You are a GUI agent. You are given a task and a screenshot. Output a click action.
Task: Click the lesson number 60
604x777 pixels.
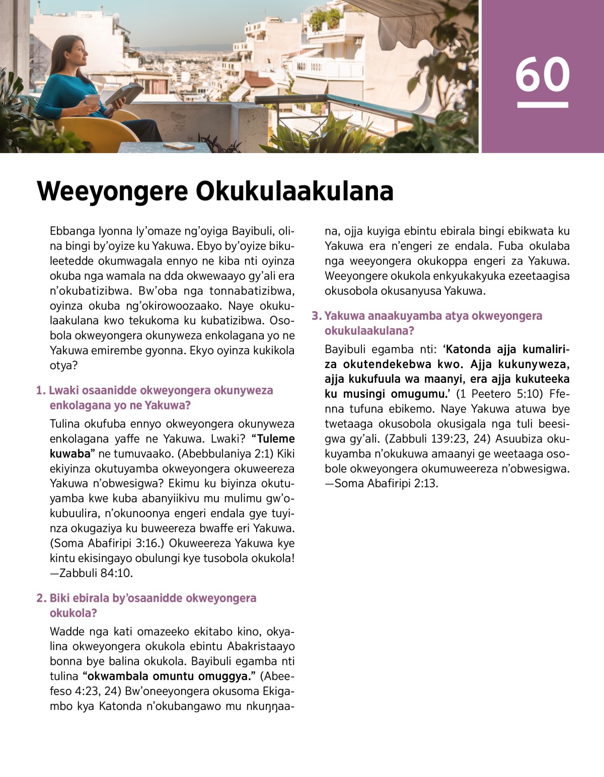(x=542, y=75)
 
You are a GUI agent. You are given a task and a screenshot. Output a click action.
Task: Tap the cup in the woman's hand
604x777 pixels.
(x=92, y=100)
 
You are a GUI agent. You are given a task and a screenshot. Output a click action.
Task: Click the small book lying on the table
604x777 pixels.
(x=179, y=146)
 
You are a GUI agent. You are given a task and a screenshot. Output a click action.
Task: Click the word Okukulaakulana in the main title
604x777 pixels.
(x=294, y=191)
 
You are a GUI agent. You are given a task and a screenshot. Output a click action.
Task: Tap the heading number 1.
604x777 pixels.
(x=41, y=391)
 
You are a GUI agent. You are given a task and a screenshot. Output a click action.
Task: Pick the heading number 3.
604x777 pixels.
(x=316, y=316)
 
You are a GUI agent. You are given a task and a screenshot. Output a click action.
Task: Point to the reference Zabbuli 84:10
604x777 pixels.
(x=96, y=573)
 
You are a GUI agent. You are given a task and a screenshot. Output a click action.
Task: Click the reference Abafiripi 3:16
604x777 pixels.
(x=124, y=543)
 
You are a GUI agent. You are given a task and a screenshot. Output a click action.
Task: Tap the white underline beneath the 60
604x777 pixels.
(x=542, y=105)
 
